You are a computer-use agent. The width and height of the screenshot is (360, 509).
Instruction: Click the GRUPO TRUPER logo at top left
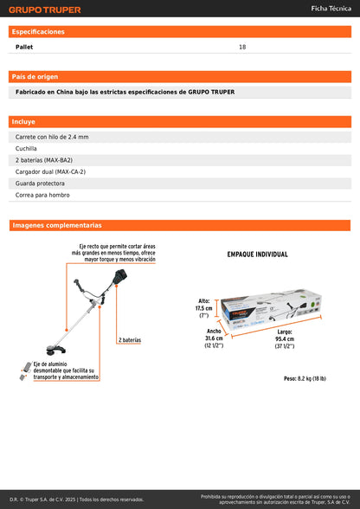45,10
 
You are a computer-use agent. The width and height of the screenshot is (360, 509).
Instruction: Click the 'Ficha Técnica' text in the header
331,9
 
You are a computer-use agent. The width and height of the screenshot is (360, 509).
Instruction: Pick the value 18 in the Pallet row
242,47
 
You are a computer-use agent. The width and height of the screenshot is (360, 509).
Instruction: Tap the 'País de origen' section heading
35,76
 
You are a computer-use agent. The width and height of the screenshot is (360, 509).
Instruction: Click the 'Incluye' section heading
24,122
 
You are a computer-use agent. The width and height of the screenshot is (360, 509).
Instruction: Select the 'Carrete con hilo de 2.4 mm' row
52,137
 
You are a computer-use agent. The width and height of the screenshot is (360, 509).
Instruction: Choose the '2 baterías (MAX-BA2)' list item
45,160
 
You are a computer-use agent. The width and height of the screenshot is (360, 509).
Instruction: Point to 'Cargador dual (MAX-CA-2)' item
50,171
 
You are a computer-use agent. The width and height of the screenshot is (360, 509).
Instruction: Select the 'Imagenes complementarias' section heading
57,225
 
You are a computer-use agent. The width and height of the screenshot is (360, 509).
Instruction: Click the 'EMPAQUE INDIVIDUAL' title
257,254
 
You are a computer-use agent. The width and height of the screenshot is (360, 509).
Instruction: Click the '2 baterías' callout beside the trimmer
129,340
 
